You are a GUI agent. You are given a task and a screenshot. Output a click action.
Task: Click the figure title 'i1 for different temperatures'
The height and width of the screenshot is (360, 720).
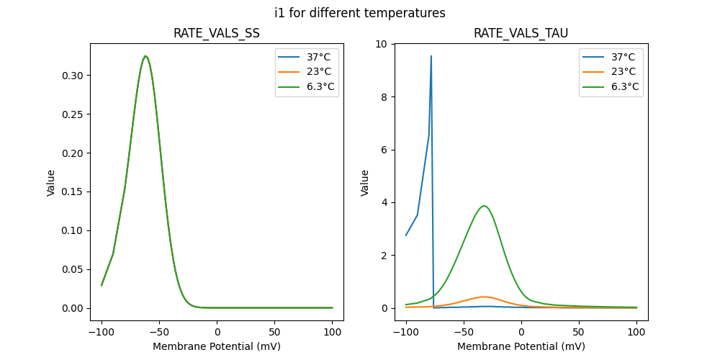[x=360, y=13]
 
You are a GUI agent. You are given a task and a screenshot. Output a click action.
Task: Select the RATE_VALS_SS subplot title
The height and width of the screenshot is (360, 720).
[x=217, y=33]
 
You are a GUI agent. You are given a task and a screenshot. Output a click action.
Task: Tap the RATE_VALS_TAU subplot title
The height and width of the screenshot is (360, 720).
[x=521, y=33]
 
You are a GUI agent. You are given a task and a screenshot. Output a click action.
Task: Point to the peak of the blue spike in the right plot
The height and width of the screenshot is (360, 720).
[x=431, y=55]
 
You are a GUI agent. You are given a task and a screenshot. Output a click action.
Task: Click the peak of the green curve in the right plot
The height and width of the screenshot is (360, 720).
[x=485, y=206]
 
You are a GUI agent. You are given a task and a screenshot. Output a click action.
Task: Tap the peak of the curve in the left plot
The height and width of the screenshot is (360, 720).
[x=145, y=56]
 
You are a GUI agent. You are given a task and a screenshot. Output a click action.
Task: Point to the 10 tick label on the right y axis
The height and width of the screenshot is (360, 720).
[x=381, y=44]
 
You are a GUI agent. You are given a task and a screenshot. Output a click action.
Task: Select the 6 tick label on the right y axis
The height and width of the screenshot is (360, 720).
[x=384, y=150]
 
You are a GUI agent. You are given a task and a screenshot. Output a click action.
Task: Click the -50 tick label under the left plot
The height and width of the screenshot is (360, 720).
[x=159, y=333]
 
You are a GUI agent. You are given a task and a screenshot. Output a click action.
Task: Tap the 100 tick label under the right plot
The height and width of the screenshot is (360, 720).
[x=636, y=333]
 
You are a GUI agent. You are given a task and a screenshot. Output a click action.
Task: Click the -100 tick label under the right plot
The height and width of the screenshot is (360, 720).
[x=405, y=333]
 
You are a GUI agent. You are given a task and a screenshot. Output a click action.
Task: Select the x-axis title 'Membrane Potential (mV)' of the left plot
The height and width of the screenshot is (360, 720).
[x=217, y=346]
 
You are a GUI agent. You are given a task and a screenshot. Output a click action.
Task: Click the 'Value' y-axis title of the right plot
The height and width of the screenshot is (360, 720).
[x=365, y=182]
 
